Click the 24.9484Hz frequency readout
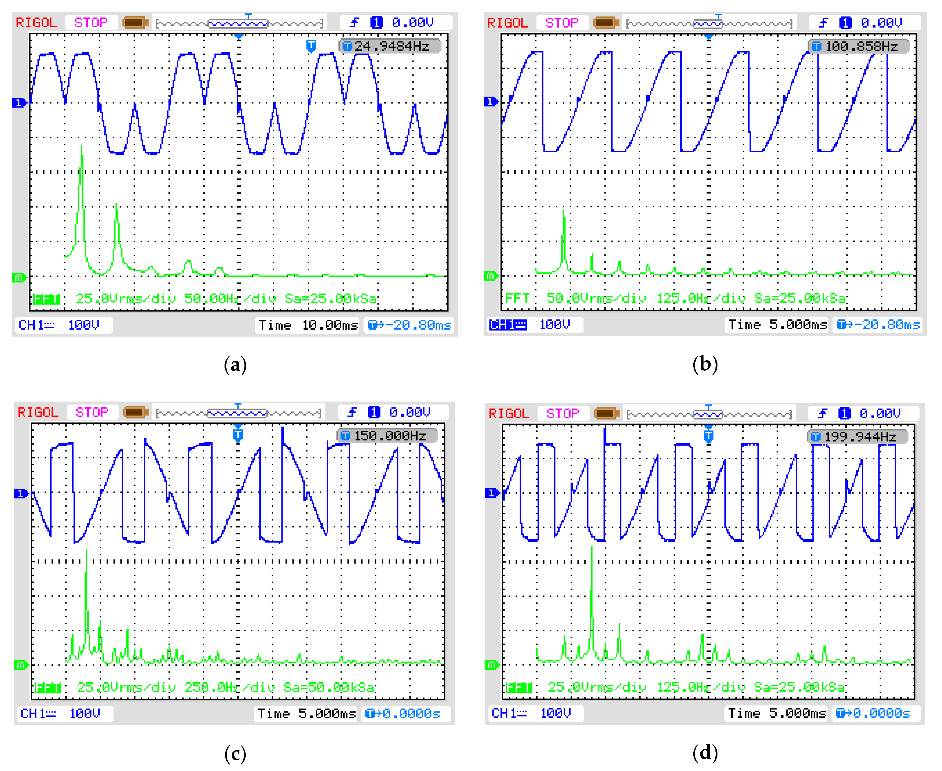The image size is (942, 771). pos(391,46)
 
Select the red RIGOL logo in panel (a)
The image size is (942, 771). pos(36,23)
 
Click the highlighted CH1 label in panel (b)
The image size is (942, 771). pos(508,325)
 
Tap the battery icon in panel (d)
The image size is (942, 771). pos(606,414)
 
